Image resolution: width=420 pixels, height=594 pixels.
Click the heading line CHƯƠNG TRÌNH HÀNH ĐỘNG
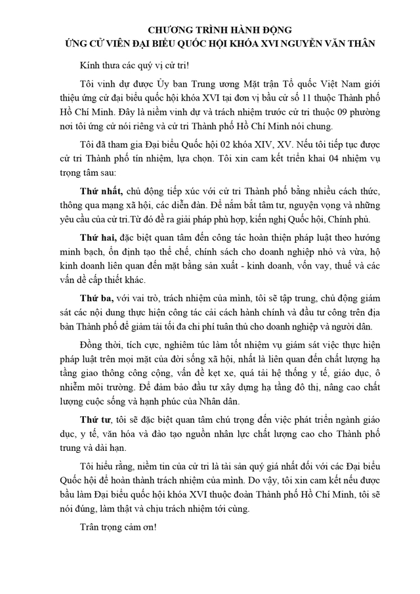(x=209, y=30)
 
